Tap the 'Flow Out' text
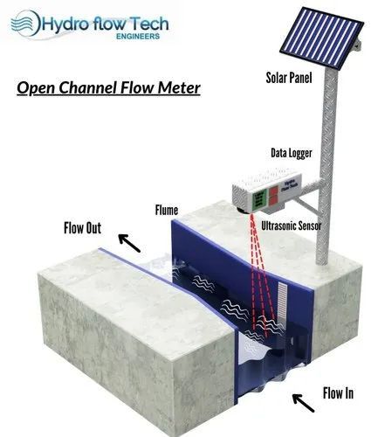[83, 229]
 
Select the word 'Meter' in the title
[178, 88]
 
